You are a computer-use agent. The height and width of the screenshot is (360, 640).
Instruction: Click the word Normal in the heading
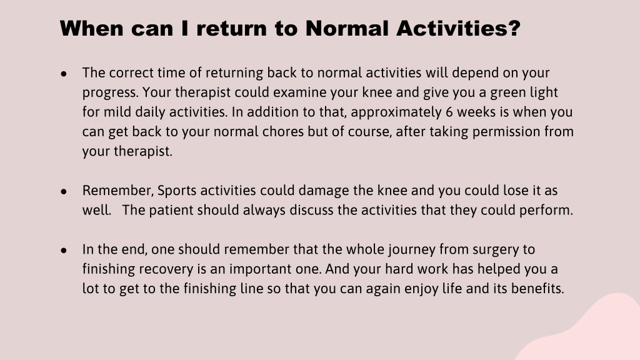346,28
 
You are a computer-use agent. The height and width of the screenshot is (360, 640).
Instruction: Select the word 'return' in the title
231,29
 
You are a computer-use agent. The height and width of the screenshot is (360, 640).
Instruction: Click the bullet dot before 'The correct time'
64,74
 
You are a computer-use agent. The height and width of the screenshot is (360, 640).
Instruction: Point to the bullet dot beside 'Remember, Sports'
64,191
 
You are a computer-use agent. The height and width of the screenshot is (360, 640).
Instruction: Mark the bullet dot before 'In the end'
64,250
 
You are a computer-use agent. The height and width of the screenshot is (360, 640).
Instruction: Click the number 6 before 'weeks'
449,112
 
